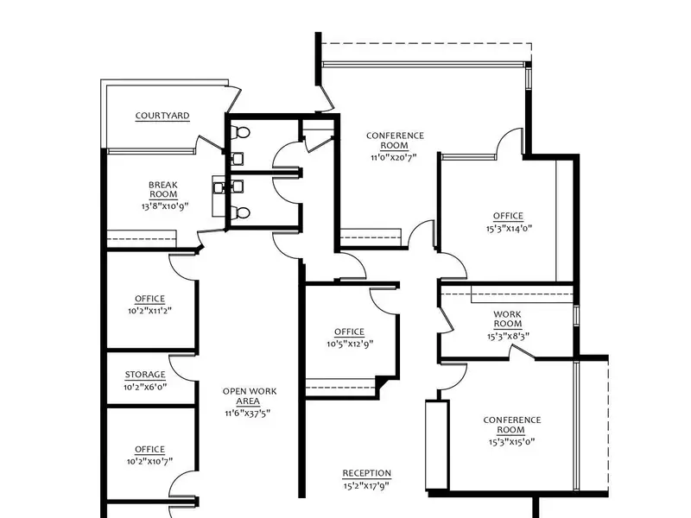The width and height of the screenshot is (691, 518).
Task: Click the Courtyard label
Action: (x=162, y=116)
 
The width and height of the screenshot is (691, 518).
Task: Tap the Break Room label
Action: (x=163, y=189)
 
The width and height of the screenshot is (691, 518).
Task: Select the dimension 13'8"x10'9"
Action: (x=165, y=206)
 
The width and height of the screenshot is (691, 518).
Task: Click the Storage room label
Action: (x=145, y=375)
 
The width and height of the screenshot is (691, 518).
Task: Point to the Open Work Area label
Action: (x=250, y=396)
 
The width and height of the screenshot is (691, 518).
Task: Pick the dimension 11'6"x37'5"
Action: (x=247, y=414)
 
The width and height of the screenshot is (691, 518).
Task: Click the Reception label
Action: (x=366, y=473)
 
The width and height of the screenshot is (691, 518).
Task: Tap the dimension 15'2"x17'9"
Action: (x=366, y=486)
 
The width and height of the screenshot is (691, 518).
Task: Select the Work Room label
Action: (x=507, y=319)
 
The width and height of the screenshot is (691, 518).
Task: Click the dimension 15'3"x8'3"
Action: (x=508, y=337)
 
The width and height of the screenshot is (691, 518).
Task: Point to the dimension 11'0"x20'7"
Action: (x=394, y=157)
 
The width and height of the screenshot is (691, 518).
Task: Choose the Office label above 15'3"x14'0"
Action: (x=508, y=216)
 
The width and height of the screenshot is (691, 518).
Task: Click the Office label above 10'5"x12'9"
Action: (x=349, y=332)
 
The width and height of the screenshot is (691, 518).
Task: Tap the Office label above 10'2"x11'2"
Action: (x=149, y=299)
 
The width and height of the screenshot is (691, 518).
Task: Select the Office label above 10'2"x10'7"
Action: (x=149, y=449)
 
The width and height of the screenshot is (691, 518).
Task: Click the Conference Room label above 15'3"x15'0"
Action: (x=511, y=425)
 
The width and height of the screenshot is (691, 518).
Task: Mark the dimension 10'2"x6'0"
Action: (x=145, y=388)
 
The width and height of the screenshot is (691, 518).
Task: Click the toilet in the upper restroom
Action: (x=241, y=132)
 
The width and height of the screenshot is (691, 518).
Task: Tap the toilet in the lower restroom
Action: (x=241, y=213)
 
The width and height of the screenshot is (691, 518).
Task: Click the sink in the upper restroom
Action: (x=237, y=158)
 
